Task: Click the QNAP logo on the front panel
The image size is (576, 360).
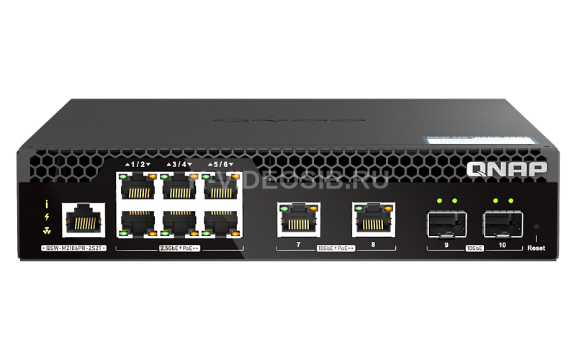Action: coord(507,168)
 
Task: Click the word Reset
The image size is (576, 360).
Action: coord(536,248)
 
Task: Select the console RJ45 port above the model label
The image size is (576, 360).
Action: coord(83,219)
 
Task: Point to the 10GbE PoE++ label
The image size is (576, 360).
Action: coord(336,248)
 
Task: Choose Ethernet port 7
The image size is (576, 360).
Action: coord(298,219)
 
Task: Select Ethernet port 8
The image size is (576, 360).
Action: coord(374,219)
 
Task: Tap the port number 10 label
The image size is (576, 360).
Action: coord(502,245)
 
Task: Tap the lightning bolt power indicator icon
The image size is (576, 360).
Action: coord(47,217)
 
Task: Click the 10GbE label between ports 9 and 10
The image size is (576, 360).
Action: coord(474,247)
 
